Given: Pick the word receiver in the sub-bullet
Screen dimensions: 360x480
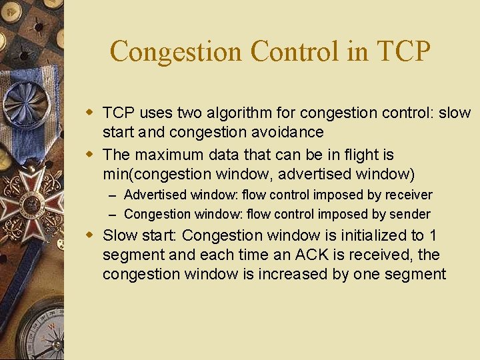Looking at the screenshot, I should (x=407, y=195).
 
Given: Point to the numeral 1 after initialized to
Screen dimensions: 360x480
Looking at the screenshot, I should (x=433, y=236).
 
